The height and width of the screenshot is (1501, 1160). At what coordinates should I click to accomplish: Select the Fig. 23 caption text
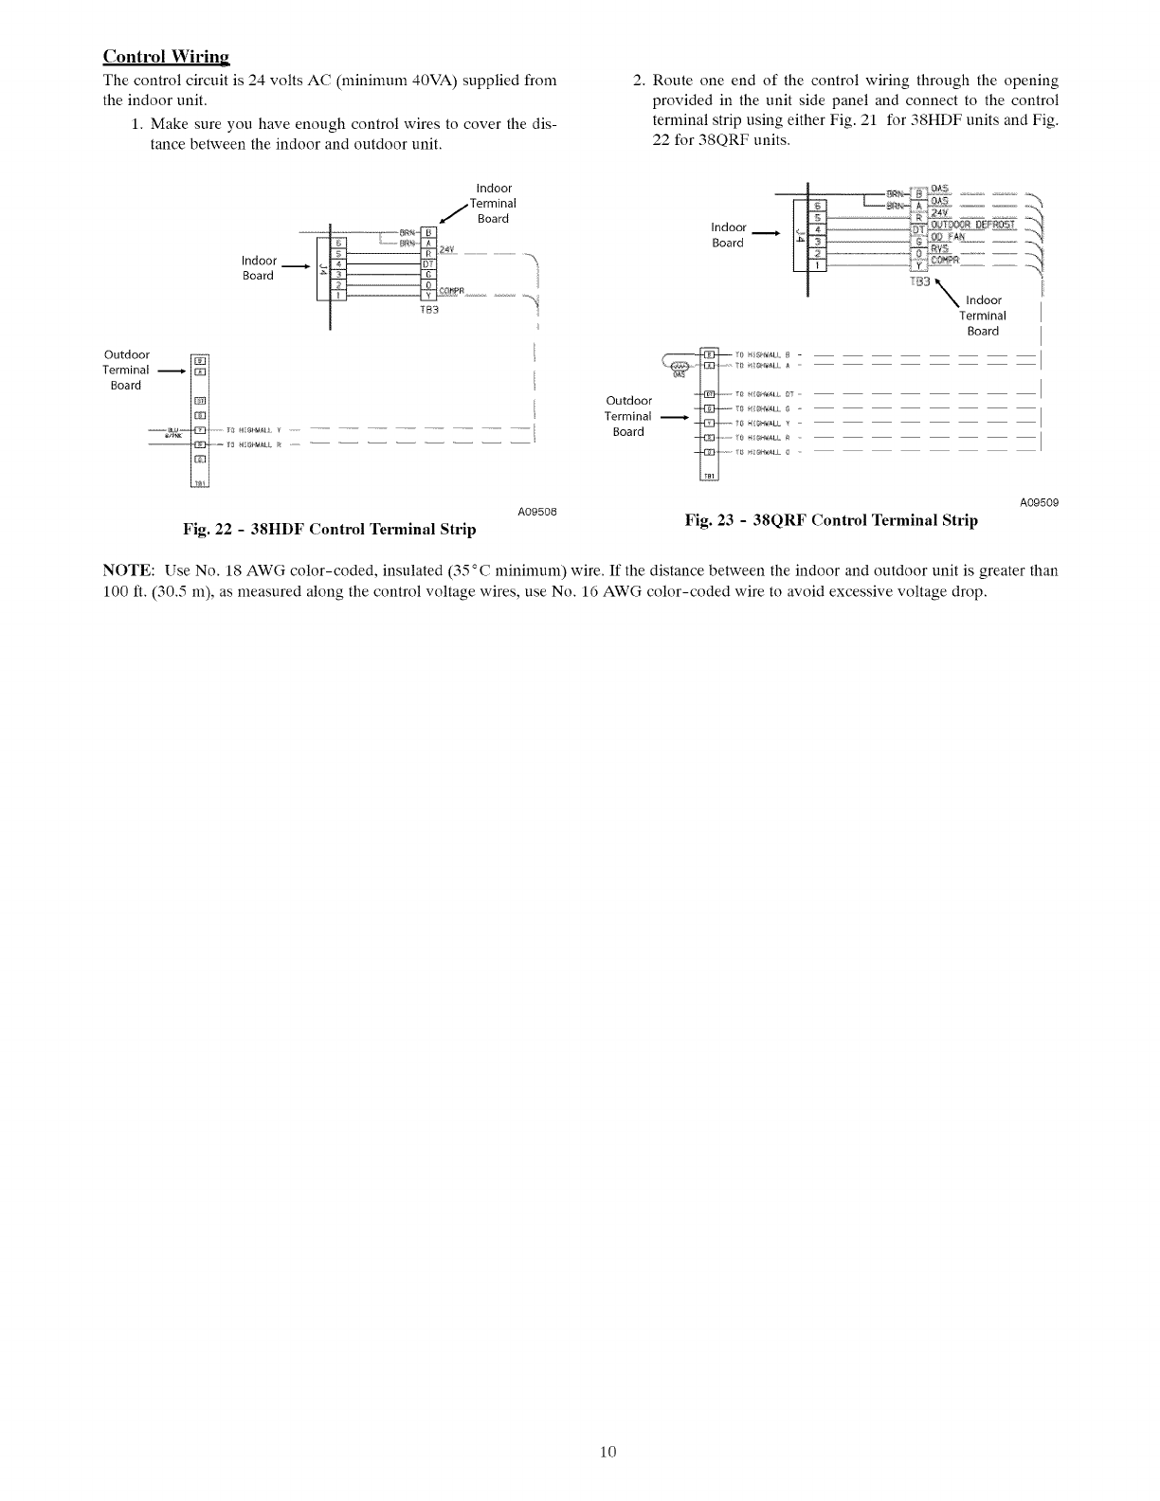(831, 520)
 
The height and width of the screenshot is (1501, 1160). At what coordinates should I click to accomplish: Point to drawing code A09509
(1039, 503)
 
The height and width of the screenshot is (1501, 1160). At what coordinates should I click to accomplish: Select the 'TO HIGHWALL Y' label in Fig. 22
(249, 430)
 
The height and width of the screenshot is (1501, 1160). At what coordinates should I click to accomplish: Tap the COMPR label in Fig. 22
(455, 290)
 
